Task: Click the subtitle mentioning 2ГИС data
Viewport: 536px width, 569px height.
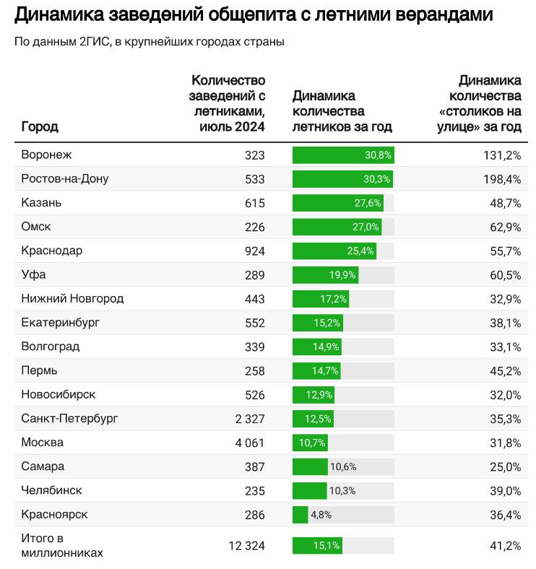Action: point(149,41)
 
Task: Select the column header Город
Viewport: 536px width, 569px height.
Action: point(40,126)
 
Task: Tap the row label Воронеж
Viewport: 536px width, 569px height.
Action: point(47,155)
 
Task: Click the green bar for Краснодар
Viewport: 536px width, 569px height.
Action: point(334,251)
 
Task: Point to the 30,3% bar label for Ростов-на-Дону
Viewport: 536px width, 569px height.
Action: point(378,179)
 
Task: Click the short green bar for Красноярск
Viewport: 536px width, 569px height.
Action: point(301,515)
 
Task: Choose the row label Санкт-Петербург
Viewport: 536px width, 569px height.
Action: point(69,418)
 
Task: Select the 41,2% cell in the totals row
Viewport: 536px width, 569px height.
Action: point(506,546)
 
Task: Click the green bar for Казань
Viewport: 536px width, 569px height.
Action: point(337,203)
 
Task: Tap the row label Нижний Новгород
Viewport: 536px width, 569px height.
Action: point(72,298)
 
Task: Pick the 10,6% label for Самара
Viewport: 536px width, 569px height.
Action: point(343,466)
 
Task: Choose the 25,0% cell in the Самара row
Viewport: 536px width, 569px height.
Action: point(506,466)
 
